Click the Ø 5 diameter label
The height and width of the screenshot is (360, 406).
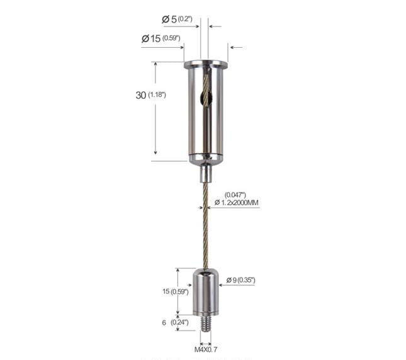click(169, 19)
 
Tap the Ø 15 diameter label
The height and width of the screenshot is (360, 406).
click(151, 38)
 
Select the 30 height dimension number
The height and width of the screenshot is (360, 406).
click(141, 95)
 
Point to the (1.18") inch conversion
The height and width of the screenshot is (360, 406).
click(157, 95)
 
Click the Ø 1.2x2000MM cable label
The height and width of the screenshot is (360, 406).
click(237, 203)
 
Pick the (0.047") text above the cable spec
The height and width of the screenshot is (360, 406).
click(235, 194)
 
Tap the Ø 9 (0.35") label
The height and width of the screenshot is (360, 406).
click(241, 280)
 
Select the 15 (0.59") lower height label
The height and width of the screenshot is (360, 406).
click(175, 291)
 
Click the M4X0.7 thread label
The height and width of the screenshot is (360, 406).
click(206, 350)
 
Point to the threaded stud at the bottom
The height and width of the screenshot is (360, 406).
click(206, 323)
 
